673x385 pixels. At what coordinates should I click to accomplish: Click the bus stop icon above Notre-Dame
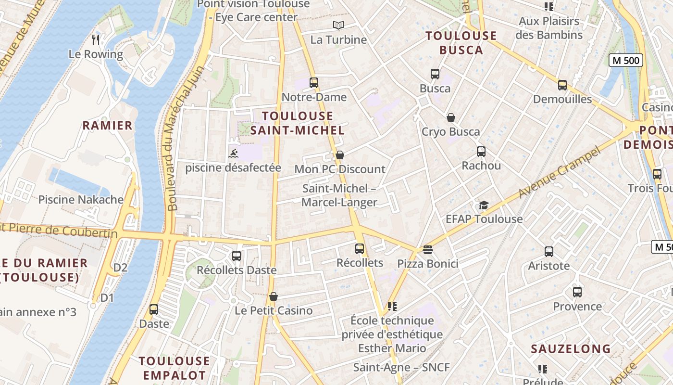[314, 83]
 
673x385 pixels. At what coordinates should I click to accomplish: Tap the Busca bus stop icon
[435, 74]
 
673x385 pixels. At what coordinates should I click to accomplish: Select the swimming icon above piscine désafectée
[233, 154]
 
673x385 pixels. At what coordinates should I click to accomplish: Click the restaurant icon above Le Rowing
[96, 39]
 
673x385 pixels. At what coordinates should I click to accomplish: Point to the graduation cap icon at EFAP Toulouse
[484, 205]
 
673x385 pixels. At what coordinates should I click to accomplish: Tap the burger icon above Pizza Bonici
[428, 250]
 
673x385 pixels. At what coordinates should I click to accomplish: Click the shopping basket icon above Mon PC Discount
[340, 155]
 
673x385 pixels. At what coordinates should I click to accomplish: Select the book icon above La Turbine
[338, 26]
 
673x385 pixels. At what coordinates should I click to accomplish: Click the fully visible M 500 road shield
[625, 60]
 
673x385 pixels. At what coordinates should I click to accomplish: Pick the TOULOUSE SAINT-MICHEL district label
[298, 123]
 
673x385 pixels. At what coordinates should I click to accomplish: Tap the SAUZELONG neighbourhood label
[571, 349]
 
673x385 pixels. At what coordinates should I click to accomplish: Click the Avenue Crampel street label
[560, 174]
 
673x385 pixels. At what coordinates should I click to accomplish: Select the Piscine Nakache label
[81, 200]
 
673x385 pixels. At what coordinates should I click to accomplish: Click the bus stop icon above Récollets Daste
[236, 256]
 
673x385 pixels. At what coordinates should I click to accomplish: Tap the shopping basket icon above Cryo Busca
[451, 117]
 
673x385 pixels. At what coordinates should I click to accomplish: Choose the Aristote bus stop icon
[548, 252]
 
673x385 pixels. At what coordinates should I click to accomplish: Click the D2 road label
[120, 268]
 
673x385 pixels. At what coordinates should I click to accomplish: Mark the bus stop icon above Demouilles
[562, 85]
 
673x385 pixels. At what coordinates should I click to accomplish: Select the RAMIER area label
[107, 126]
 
